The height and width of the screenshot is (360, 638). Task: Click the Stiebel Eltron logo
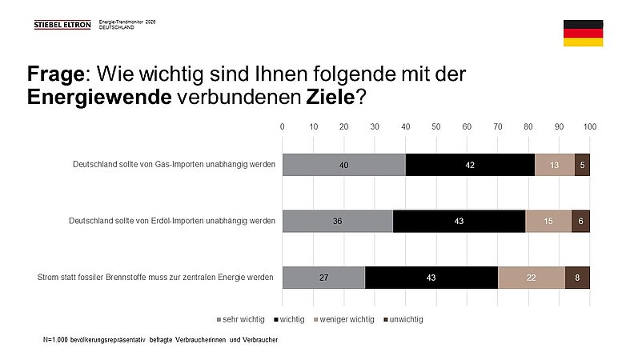pos(62,25)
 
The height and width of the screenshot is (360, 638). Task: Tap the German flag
pos(583,34)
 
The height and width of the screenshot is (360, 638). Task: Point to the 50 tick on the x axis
pos(436,126)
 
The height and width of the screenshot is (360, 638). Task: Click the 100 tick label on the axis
pos(590,126)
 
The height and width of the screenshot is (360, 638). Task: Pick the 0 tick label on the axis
pos(283,126)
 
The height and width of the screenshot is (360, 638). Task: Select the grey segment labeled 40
pos(344,164)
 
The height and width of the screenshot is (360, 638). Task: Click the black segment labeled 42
pos(470,164)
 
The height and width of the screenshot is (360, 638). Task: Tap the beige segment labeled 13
pos(555,164)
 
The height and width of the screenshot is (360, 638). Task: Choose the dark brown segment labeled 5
pos(582,164)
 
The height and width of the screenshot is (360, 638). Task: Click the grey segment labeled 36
pos(338,221)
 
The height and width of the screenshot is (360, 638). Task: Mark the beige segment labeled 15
pos(548,221)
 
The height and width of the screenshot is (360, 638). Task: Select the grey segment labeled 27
pos(323,277)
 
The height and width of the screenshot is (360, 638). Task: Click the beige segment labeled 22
pos(532,277)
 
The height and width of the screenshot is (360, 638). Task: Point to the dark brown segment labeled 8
pos(577,277)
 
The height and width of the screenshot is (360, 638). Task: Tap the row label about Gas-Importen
pos(174,164)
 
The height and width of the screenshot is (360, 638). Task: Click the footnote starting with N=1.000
pos(160,341)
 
